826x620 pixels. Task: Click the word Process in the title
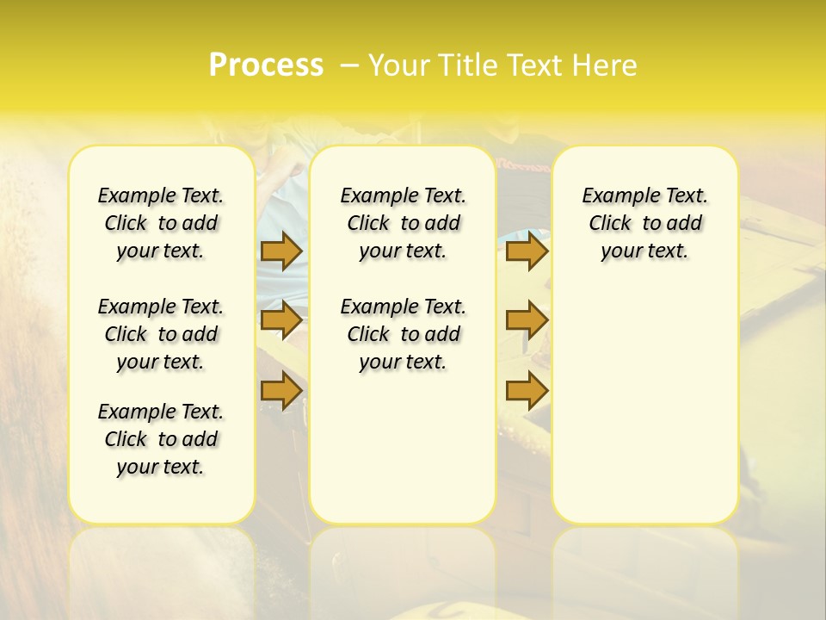(266, 65)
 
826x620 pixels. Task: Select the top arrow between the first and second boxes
(281, 251)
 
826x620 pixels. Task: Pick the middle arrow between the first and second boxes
(281, 320)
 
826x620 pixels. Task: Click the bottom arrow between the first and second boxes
(281, 390)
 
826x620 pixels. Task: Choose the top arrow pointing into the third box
(527, 251)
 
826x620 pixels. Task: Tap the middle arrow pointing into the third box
(527, 320)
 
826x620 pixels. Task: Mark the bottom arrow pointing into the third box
(527, 390)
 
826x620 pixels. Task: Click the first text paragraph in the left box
(161, 223)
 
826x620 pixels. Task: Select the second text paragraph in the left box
(161, 334)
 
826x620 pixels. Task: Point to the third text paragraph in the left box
(161, 439)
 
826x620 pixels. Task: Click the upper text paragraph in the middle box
(403, 223)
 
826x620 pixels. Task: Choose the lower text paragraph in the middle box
(403, 334)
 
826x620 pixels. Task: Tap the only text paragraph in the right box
(644, 223)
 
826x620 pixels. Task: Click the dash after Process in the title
(349, 65)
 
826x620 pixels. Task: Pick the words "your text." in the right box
(644, 251)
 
